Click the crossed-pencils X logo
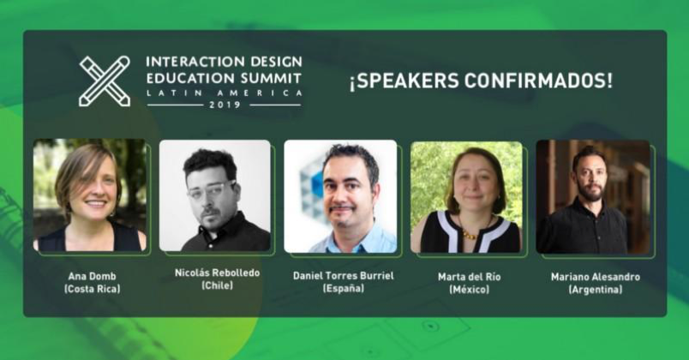point(105,81)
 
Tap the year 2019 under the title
point(224,105)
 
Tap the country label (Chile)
point(216,285)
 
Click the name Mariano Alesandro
point(595,277)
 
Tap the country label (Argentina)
point(595,290)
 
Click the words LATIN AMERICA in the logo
point(224,91)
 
